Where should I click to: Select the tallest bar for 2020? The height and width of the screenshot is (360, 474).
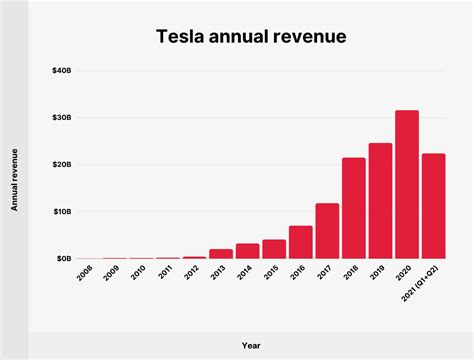click(406, 184)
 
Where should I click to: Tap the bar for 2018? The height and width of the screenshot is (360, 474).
click(353, 208)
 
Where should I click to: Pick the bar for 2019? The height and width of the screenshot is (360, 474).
click(380, 200)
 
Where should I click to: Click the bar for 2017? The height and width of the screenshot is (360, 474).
click(327, 231)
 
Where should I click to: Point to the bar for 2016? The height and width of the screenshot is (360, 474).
click(301, 242)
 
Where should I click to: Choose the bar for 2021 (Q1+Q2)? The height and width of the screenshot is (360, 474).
click(433, 206)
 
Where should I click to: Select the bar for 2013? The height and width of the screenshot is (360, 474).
click(221, 253)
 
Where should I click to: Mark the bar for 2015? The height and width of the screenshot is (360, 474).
click(274, 248)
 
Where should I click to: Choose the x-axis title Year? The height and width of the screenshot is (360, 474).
click(250, 344)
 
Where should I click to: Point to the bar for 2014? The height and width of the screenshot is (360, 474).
click(248, 250)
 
